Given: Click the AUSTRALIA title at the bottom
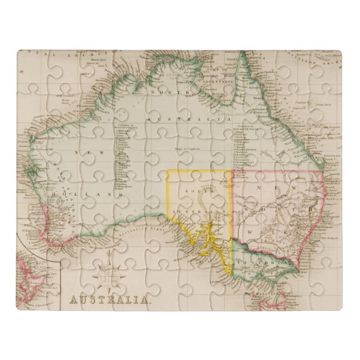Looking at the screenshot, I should point(110,299).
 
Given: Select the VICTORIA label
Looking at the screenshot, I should point(271,261).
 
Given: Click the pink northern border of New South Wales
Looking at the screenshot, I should point(280,172).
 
